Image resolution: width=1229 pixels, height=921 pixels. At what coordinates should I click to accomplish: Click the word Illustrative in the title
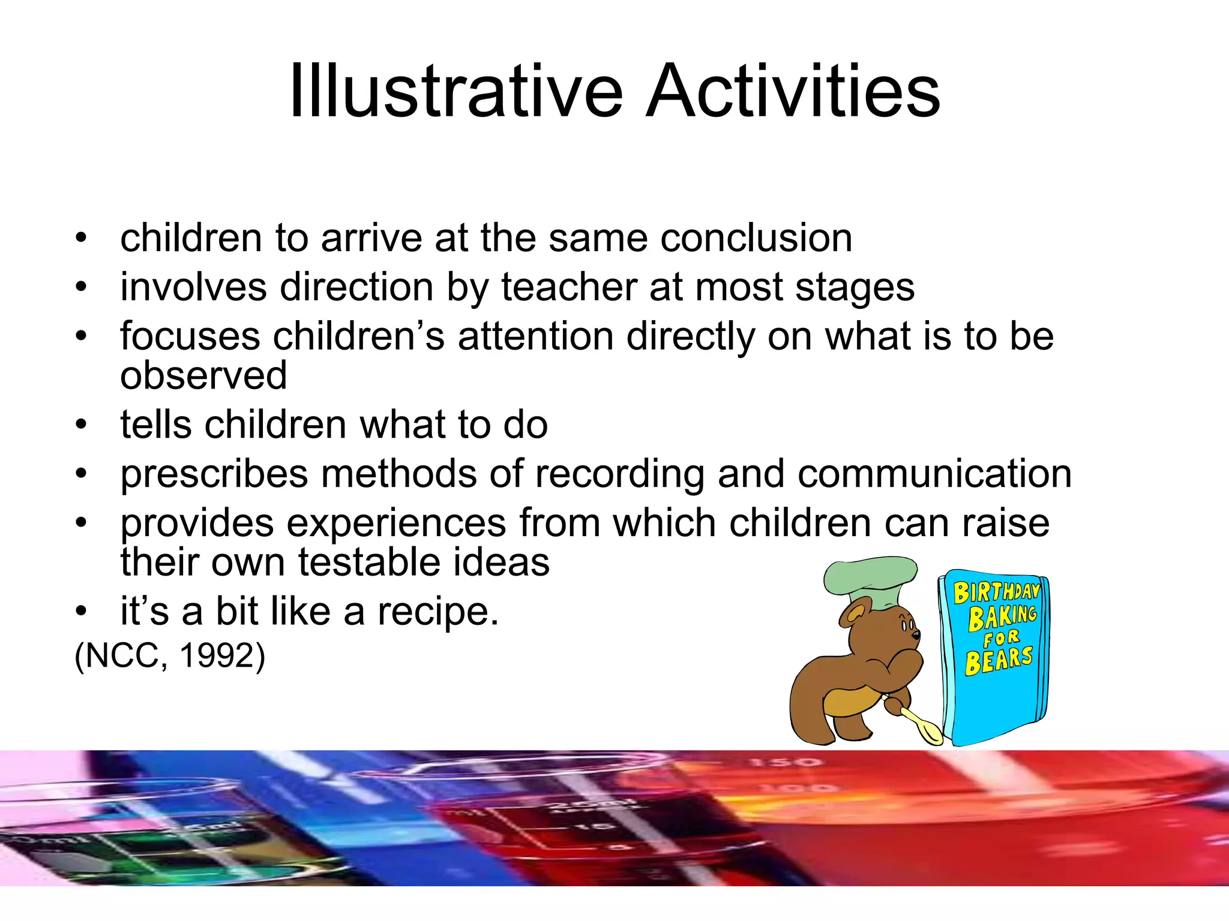click(456, 91)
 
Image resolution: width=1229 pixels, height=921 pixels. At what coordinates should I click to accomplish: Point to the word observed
click(203, 375)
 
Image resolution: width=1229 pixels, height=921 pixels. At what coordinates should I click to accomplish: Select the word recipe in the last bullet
click(438, 612)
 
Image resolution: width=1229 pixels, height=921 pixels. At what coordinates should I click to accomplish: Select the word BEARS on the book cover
click(999, 660)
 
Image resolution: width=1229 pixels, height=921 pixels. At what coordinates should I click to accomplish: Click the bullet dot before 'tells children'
click(82, 425)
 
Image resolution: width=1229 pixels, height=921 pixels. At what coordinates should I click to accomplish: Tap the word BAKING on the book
click(1002, 617)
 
